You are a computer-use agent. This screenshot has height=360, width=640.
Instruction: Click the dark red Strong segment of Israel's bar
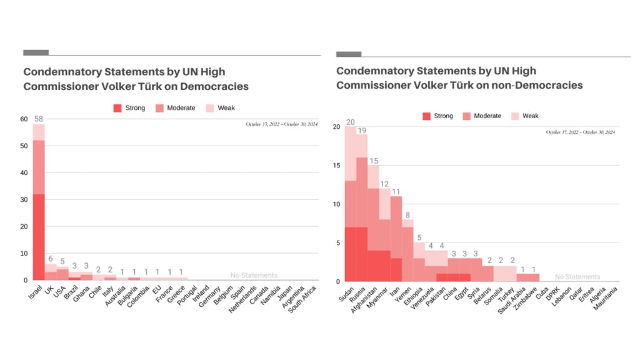(x=39, y=237)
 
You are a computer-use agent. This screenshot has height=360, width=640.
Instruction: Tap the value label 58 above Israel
(x=39, y=119)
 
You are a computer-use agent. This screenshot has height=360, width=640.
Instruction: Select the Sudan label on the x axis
(x=345, y=292)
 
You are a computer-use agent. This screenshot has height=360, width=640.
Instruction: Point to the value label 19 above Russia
(x=361, y=131)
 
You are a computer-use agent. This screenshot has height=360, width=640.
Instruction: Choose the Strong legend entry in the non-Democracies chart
(x=437, y=116)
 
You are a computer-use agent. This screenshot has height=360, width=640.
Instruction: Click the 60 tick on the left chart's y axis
(x=24, y=119)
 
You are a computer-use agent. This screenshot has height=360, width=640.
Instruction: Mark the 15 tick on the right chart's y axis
(x=336, y=165)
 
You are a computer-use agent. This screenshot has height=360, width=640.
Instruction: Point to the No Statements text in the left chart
(x=254, y=275)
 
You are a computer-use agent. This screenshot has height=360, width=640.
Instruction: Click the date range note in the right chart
(x=581, y=132)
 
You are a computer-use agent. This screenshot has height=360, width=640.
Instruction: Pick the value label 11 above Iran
(x=396, y=192)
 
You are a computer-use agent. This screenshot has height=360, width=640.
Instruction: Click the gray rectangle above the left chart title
(x=36, y=52)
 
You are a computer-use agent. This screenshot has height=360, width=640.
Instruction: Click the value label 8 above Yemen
(x=408, y=216)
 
